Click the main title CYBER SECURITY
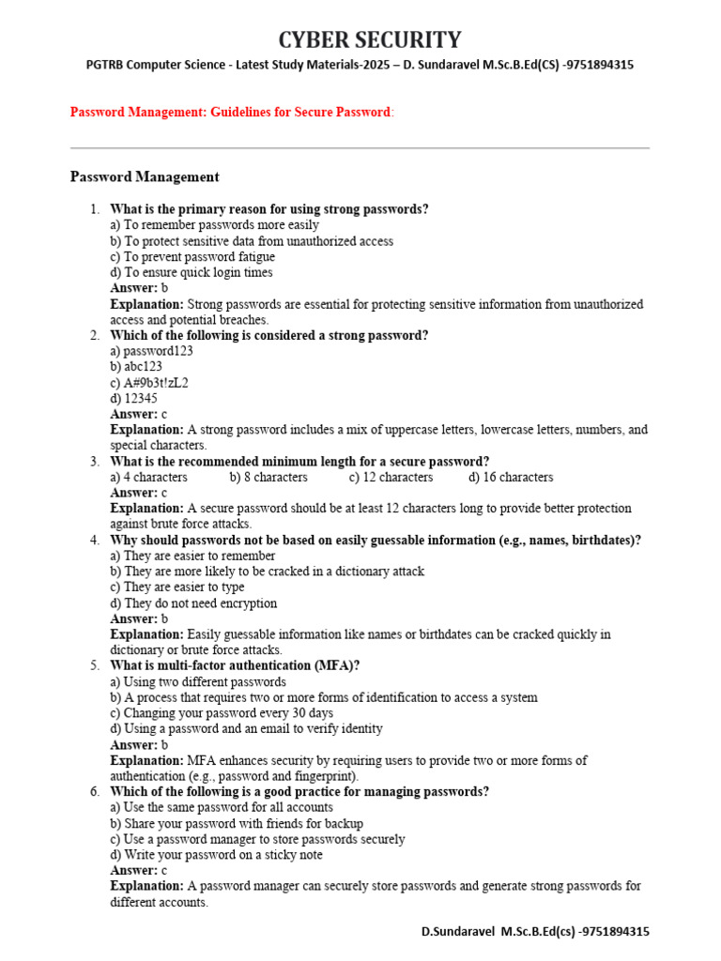click(370, 39)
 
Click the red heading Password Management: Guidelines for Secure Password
click(230, 113)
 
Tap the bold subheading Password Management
click(145, 176)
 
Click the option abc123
click(136, 367)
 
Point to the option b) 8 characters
click(268, 477)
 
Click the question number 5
click(95, 666)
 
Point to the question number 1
click(95, 209)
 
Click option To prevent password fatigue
click(192, 256)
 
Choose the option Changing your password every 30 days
click(221, 713)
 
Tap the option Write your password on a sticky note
click(216, 855)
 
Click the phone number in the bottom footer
click(610, 932)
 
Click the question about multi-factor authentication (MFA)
click(235, 666)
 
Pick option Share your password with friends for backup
click(237, 823)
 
